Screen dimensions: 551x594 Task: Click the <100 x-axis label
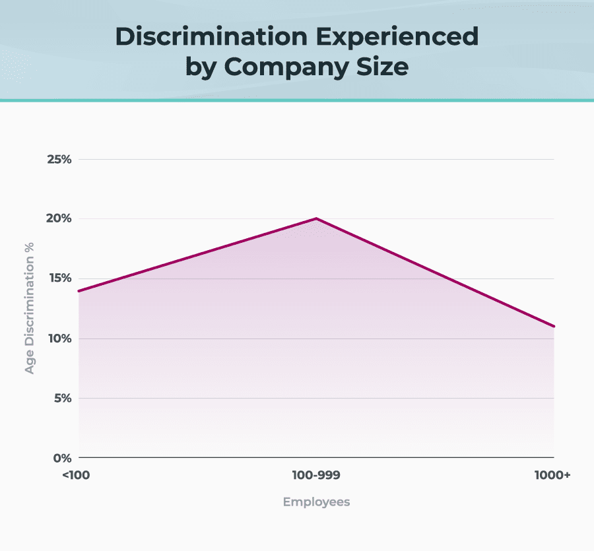77,474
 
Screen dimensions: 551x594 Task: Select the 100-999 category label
316,474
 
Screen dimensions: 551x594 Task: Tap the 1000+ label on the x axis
552,474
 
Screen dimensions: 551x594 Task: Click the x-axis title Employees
316,502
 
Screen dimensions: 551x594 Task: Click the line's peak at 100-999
316,218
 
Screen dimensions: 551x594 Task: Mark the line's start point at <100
80,291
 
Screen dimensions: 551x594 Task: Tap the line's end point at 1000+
553,326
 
